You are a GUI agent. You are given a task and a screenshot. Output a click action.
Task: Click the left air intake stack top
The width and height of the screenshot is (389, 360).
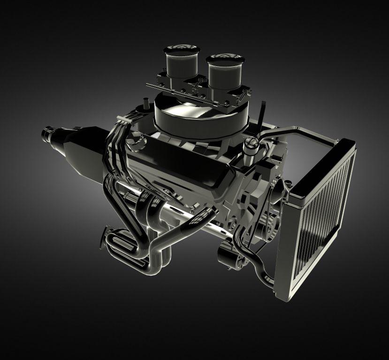(181, 49)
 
